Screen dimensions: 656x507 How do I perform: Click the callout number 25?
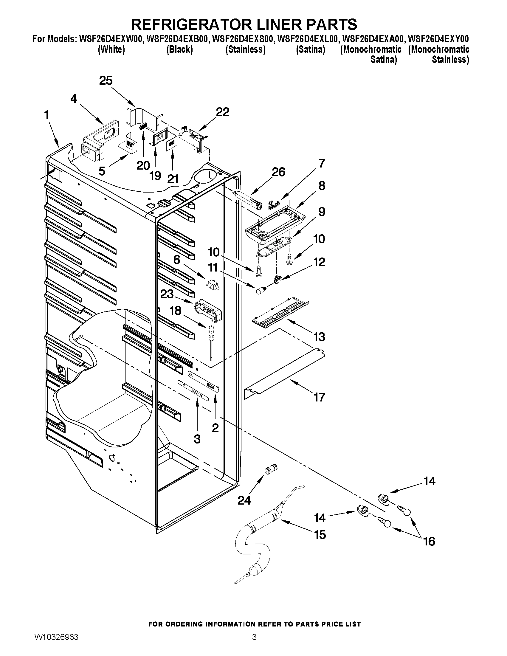point(106,81)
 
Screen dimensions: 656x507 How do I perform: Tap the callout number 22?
point(223,112)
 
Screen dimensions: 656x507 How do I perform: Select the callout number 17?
point(319,397)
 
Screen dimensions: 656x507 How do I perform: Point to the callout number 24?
point(244,500)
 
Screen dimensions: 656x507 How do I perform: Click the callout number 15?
point(320,535)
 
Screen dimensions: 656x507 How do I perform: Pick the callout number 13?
point(319,337)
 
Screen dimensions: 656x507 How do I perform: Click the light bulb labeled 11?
point(261,291)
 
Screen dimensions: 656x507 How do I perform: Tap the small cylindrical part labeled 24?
point(271,469)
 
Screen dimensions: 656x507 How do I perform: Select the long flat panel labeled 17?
point(284,374)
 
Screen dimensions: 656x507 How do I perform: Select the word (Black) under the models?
point(179,49)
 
